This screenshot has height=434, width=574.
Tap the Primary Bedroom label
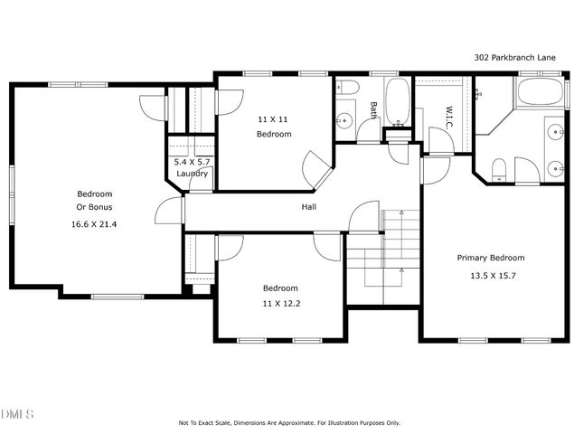[490, 258]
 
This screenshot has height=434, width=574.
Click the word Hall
[308, 207]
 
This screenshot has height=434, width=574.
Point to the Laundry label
[193, 174]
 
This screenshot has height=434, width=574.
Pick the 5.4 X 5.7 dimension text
[193, 162]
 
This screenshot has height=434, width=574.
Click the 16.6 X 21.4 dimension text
[94, 223]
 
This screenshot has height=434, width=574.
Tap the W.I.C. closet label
[448, 117]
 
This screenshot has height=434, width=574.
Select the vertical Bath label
[372, 110]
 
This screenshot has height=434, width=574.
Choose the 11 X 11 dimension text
[273, 118]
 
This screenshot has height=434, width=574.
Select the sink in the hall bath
[344, 120]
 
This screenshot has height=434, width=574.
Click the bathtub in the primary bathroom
[540, 94]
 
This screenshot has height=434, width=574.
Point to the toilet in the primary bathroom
[496, 168]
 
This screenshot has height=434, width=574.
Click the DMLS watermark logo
[17, 414]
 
